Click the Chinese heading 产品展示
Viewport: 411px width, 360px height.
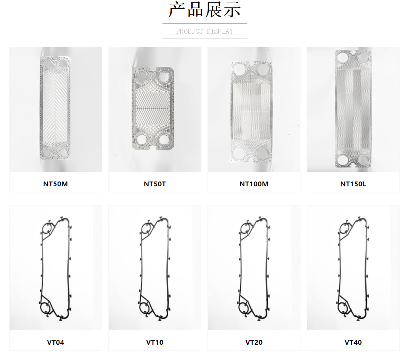tap(204, 10)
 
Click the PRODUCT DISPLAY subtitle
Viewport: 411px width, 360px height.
tap(204, 31)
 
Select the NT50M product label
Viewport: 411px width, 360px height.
tap(55, 184)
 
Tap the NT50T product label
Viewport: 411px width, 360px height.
tap(155, 184)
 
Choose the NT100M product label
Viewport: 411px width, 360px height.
tap(254, 184)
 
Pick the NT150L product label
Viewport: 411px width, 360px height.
tap(353, 184)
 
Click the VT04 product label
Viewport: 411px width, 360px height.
tap(55, 343)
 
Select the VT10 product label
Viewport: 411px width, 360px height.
tap(155, 343)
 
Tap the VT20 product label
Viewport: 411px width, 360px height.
tap(254, 343)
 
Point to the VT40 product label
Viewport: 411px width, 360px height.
tap(353, 343)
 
